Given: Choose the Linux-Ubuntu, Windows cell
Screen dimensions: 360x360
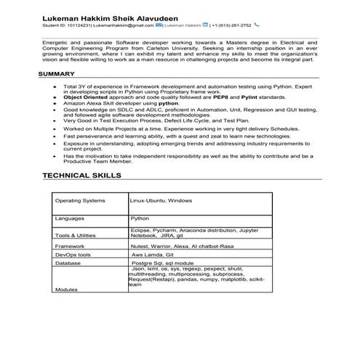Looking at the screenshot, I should (161, 200).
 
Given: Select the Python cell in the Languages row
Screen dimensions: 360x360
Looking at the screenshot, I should (140, 217).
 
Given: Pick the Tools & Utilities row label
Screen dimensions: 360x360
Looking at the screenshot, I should (75, 236).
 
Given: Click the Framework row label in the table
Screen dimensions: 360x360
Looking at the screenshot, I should (71, 247).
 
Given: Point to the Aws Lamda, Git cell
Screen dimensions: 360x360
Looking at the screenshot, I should (152, 255).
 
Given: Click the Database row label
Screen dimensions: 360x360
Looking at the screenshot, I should (68, 264).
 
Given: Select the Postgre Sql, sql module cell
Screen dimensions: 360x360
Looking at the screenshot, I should (164, 264).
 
